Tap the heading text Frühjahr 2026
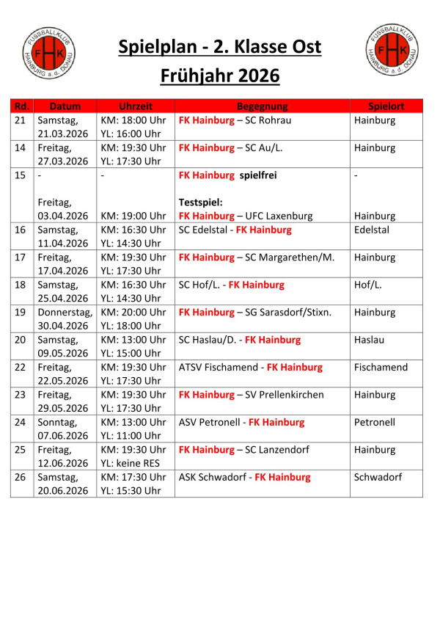[x=219, y=76]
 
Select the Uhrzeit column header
[x=135, y=106]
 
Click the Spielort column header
[x=386, y=106]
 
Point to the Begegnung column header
[x=262, y=106]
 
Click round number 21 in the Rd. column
[x=21, y=120]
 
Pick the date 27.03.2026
[x=62, y=161]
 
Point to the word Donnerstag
[x=65, y=312]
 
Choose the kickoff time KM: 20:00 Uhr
[x=133, y=312]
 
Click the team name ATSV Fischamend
[x=219, y=367]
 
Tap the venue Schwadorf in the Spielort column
[x=378, y=477]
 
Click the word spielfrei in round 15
[x=262, y=175]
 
